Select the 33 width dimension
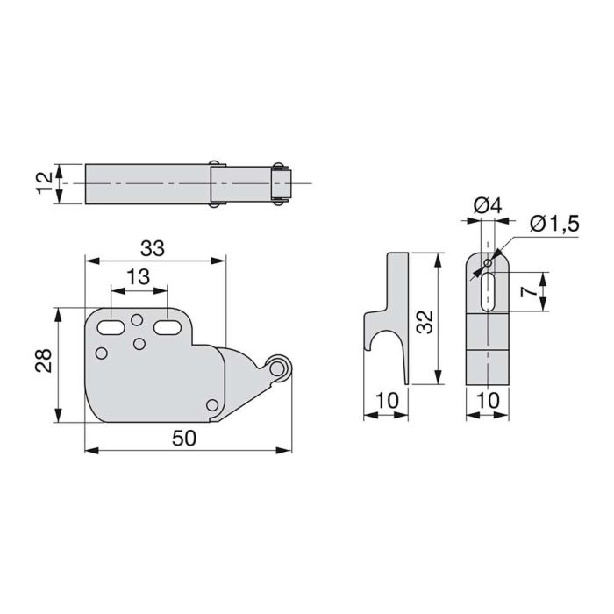pyautogui.click(x=152, y=248)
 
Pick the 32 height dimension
pyautogui.click(x=426, y=321)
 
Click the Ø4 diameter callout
pyautogui.click(x=485, y=207)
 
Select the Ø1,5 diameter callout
pyautogui.click(x=555, y=225)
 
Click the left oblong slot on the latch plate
pyautogui.click(x=112, y=327)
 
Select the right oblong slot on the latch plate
pyautogui.click(x=167, y=327)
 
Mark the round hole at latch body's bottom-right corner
pyautogui.click(x=212, y=404)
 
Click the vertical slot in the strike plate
pyautogui.click(x=488, y=289)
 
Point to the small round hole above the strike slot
pyautogui.click(x=488, y=262)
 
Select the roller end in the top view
pyautogui.click(x=280, y=184)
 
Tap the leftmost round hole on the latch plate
pyautogui.click(x=101, y=353)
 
